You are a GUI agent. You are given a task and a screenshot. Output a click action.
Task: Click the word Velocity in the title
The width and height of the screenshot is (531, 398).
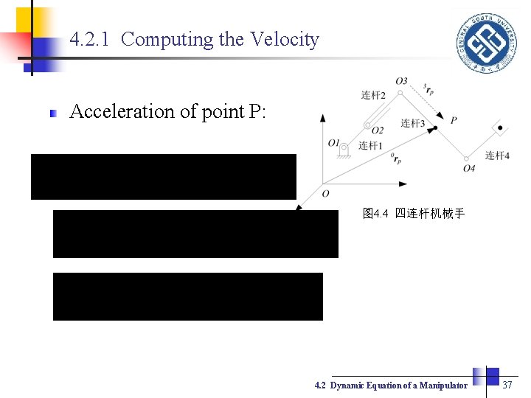[285, 39]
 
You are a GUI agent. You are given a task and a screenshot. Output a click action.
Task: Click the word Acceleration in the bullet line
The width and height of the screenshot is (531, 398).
[120, 111]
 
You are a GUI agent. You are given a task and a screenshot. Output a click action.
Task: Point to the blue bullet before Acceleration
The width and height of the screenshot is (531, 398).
[53, 114]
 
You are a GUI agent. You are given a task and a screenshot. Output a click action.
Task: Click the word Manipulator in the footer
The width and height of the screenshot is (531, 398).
[443, 385]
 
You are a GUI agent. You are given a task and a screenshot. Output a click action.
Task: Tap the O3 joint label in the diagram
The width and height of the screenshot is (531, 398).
[401, 81]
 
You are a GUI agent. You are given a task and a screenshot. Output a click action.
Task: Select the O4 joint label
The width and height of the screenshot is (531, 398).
[469, 169]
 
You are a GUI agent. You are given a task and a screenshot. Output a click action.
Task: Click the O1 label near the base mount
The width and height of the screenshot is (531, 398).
[334, 142]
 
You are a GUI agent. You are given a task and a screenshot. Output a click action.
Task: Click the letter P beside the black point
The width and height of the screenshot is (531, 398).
[454, 120]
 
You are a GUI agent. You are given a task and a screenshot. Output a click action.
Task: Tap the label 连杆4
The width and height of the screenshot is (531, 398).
[497, 155]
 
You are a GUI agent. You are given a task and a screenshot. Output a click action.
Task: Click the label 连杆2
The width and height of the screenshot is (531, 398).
[373, 95]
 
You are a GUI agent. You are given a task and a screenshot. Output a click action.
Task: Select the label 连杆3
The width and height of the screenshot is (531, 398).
[412, 123]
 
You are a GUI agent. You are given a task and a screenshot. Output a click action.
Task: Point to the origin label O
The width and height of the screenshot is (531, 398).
[325, 193]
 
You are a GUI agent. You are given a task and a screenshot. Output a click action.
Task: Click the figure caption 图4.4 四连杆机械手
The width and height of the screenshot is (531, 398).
[413, 214]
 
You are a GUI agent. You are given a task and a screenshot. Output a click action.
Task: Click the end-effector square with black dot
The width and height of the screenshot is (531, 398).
[500, 129]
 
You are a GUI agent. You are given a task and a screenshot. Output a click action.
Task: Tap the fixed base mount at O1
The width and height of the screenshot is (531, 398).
[343, 152]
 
